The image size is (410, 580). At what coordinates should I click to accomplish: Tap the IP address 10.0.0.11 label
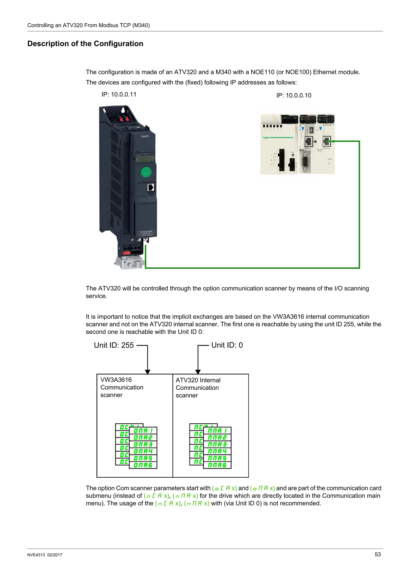pyautogui.click(x=119, y=94)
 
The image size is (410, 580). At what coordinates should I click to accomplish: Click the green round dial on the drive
pyautogui.click(x=146, y=172)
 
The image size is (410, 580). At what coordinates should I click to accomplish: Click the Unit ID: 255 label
pyautogui.click(x=114, y=345)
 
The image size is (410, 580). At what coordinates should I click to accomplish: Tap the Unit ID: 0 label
pyautogui.click(x=227, y=345)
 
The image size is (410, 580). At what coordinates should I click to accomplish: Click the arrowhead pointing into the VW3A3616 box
pyautogui.click(x=148, y=372)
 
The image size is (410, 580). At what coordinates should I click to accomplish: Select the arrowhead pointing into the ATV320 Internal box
pyautogui.click(x=198, y=372)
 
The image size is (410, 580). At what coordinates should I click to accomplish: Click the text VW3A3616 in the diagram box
pyautogui.click(x=116, y=380)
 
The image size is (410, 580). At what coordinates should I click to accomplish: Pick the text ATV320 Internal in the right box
pyautogui.click(x=198, y=380)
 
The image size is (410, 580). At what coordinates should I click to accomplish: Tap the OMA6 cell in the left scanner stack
pyautogui.click(x=143, y=465)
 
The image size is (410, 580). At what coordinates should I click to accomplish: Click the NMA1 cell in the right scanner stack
pyautogui.click(x=217, y=431)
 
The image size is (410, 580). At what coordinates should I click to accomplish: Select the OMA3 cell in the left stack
pyautogui.click(x=143, y=444)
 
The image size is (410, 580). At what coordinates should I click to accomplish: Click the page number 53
pyautogui.click(x=377, y=555)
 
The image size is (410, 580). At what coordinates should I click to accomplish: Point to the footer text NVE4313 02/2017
pyautogui.click(x=45, y=555)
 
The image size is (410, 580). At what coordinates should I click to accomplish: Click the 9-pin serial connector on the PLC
pyautogui.click(x=305, y=163)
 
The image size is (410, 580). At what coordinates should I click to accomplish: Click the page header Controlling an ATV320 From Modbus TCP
pyautogui.click(x=88, y=25)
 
